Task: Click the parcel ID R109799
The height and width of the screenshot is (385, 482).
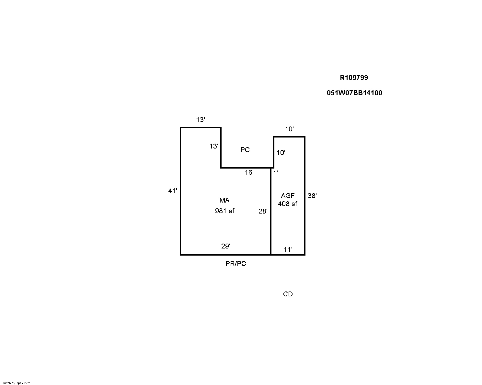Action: pyautogui.click(x=354, y=78)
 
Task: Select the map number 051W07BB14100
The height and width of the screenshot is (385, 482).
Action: pyautogui.click(x=354, y=93)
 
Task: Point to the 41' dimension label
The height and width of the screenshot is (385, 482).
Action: pyautogui.click(x=172, y=191)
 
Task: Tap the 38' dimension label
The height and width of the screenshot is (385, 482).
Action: pyautogui.click(x=312, y=196)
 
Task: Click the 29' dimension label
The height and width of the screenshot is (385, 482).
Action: pyautogui.click(x=225, y=246)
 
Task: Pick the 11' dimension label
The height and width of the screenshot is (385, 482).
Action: pyautogui.click(x=288, y=249)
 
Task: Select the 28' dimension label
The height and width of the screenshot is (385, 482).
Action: pyautogui.click(x=263, y=211)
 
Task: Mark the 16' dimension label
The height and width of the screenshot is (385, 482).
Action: pyautogui.click(x=249, y=172)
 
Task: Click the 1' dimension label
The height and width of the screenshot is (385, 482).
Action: pyautogui.click(x=275, y=173)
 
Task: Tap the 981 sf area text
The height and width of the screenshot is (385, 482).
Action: pyautogui.click(x=225, y=211)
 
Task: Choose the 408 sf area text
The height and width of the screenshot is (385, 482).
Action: pyautogui.click(x=288, y=204)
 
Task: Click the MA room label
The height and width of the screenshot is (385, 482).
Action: pyautogui.click(x=224, y=200)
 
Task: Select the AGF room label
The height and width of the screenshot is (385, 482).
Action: pyautogui.click(x=288, y=196)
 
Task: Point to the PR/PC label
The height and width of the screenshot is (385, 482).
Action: pyautogui.click(x=235, y=264)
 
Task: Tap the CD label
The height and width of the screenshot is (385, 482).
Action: pyautogui.click(x=288, y=294)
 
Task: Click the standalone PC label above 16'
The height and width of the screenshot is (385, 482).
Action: pyautogui.click(x=245, y=150)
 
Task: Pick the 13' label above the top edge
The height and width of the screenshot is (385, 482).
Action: pyautogui.click(x=201, y=120)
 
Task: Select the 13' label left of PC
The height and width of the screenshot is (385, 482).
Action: pyautogui.click(x=214, y=146)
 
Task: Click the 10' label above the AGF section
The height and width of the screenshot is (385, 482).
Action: pyautogui.click(x=289, y=129)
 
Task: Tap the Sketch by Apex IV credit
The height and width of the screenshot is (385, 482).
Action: pyautogui.click(x=16, y=383)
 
